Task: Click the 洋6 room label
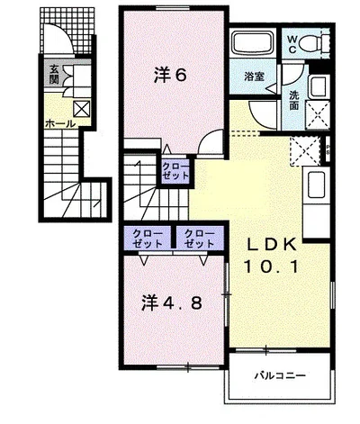pos(170,75)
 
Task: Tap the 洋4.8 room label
pos(172,303)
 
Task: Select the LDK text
pos(272,245)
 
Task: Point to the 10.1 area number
pos(272,266)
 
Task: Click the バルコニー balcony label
pos(280,375)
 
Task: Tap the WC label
pos(292,44)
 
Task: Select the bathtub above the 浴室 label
pos(253,43)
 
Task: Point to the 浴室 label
pos(254,77)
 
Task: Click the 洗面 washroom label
pos(294,101)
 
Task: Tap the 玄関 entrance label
pos(54,75)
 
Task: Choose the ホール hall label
pos(59,123)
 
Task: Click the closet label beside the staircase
pos(175,170)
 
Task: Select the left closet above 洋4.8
pos(148,239)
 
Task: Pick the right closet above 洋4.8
pos(199,239)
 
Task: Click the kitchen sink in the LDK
pos(316,185)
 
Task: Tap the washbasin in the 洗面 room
pos(319,87)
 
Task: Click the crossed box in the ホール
pos(82,108)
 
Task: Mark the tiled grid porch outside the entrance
pos(67,30)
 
